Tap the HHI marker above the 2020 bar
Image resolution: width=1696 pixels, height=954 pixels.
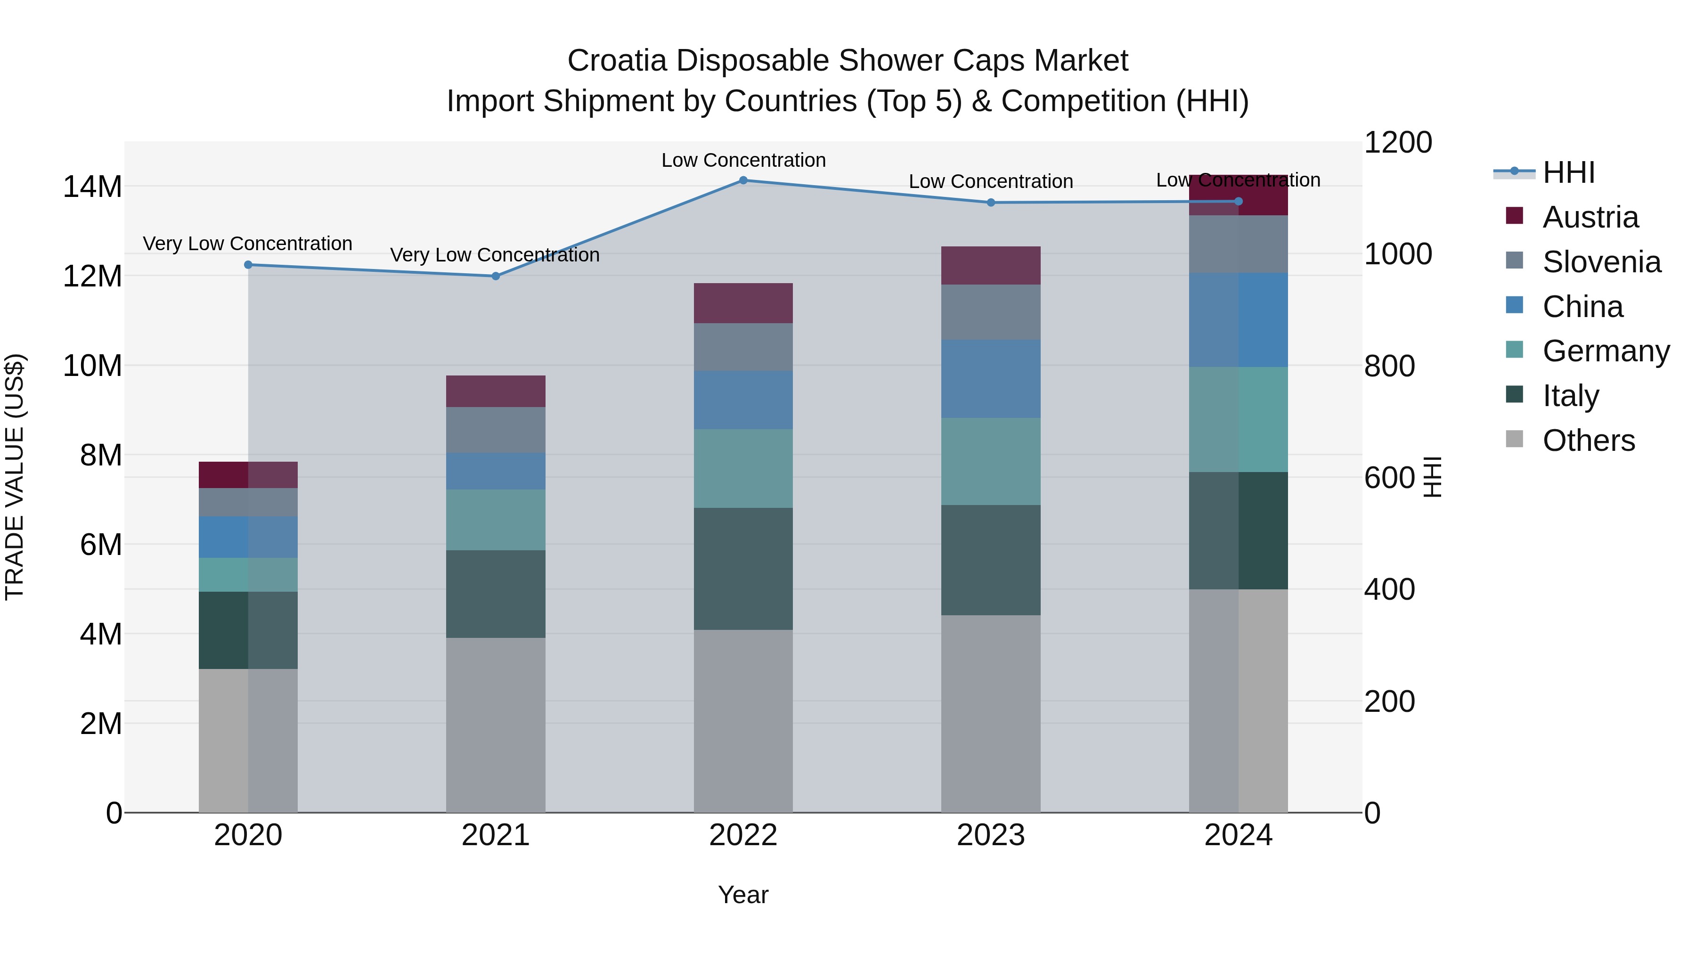(x=248, y=265)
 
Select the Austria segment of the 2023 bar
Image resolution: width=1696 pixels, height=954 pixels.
(x=990, y=265)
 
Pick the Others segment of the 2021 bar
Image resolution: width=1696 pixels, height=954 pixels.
(x=495, y=724)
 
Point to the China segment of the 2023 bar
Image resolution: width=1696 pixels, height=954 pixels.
(x=990, y=379)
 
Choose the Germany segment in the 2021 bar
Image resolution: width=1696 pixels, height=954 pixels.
(x=495, y=520)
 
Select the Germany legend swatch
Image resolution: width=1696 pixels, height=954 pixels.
(x=1514, y=350)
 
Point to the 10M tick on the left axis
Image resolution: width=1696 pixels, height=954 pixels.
(x=92, y=366)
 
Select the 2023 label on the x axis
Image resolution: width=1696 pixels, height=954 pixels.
(x=990, y=835)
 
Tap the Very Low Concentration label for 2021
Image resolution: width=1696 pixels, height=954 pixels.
(x=495, y=255)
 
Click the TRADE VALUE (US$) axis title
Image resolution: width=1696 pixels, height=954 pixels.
(x=15, y=477)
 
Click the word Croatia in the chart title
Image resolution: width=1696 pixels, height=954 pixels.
(x=617, y=61)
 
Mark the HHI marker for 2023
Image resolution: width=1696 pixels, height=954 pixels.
(x=990, y=202)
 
